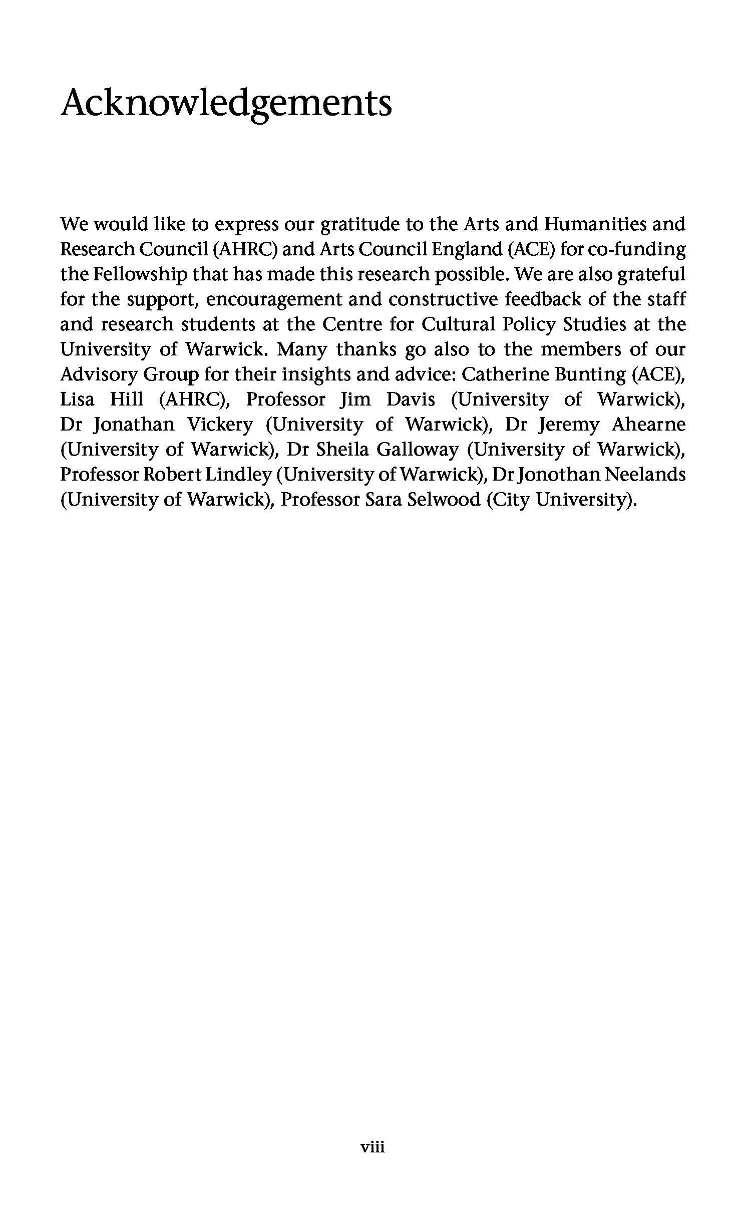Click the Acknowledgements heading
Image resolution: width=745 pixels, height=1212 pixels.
tap(226, 104)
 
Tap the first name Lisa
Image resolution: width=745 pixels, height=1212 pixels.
tap(77, 399)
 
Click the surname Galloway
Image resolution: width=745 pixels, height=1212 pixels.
tap(417, 450)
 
